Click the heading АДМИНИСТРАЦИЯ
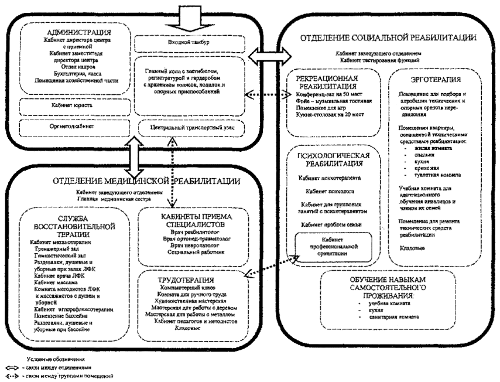[73, 32]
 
